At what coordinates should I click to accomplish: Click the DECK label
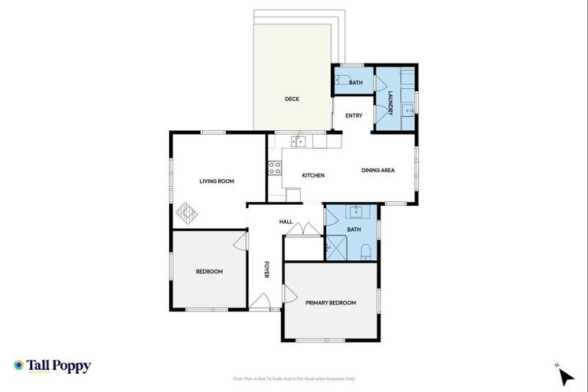pyautogui.click(x=292, y=99)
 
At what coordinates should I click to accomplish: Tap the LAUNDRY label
pyautogui.click(x=390, y=103)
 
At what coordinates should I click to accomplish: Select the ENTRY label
pyautogui.click(x=354, y=116)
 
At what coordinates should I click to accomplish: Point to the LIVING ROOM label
pyautogui.click(x=217, y=181)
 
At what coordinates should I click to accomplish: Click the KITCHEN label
pyautogui.click(x=313, y=175)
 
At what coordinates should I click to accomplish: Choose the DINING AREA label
pyautogui.click(x=378, y=170)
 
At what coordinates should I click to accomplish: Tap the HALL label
pyautogui.click(x=286, y=222)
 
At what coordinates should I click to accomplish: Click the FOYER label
pyautogui.click(x=267, y=269)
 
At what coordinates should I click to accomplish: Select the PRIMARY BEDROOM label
pyautogui.click(x=331, y=303)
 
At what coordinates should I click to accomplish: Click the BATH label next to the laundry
pyautogui.click(x=355, y=83)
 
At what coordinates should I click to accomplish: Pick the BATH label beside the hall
pyautogui.click(x=354, y=230)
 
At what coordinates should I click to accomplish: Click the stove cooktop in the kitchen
pyautogui.click(x=275, y=168)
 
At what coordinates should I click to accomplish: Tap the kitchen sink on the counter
pyautogui.click(x=299, y=141)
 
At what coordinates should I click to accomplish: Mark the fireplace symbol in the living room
pyautogui.click(x=187, y=212)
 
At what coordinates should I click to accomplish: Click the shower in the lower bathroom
pyautogui.click(x=335, y=247)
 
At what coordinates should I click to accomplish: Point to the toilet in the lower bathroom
pyautogui.click(x=366, y=250)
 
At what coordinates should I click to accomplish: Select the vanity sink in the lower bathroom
pyautogui.click(x=354, y=211)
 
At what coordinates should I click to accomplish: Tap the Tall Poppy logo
pyautogui.click(x=52, y=366)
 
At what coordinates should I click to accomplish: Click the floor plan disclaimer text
pyautogui.click(x=294, y=378)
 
